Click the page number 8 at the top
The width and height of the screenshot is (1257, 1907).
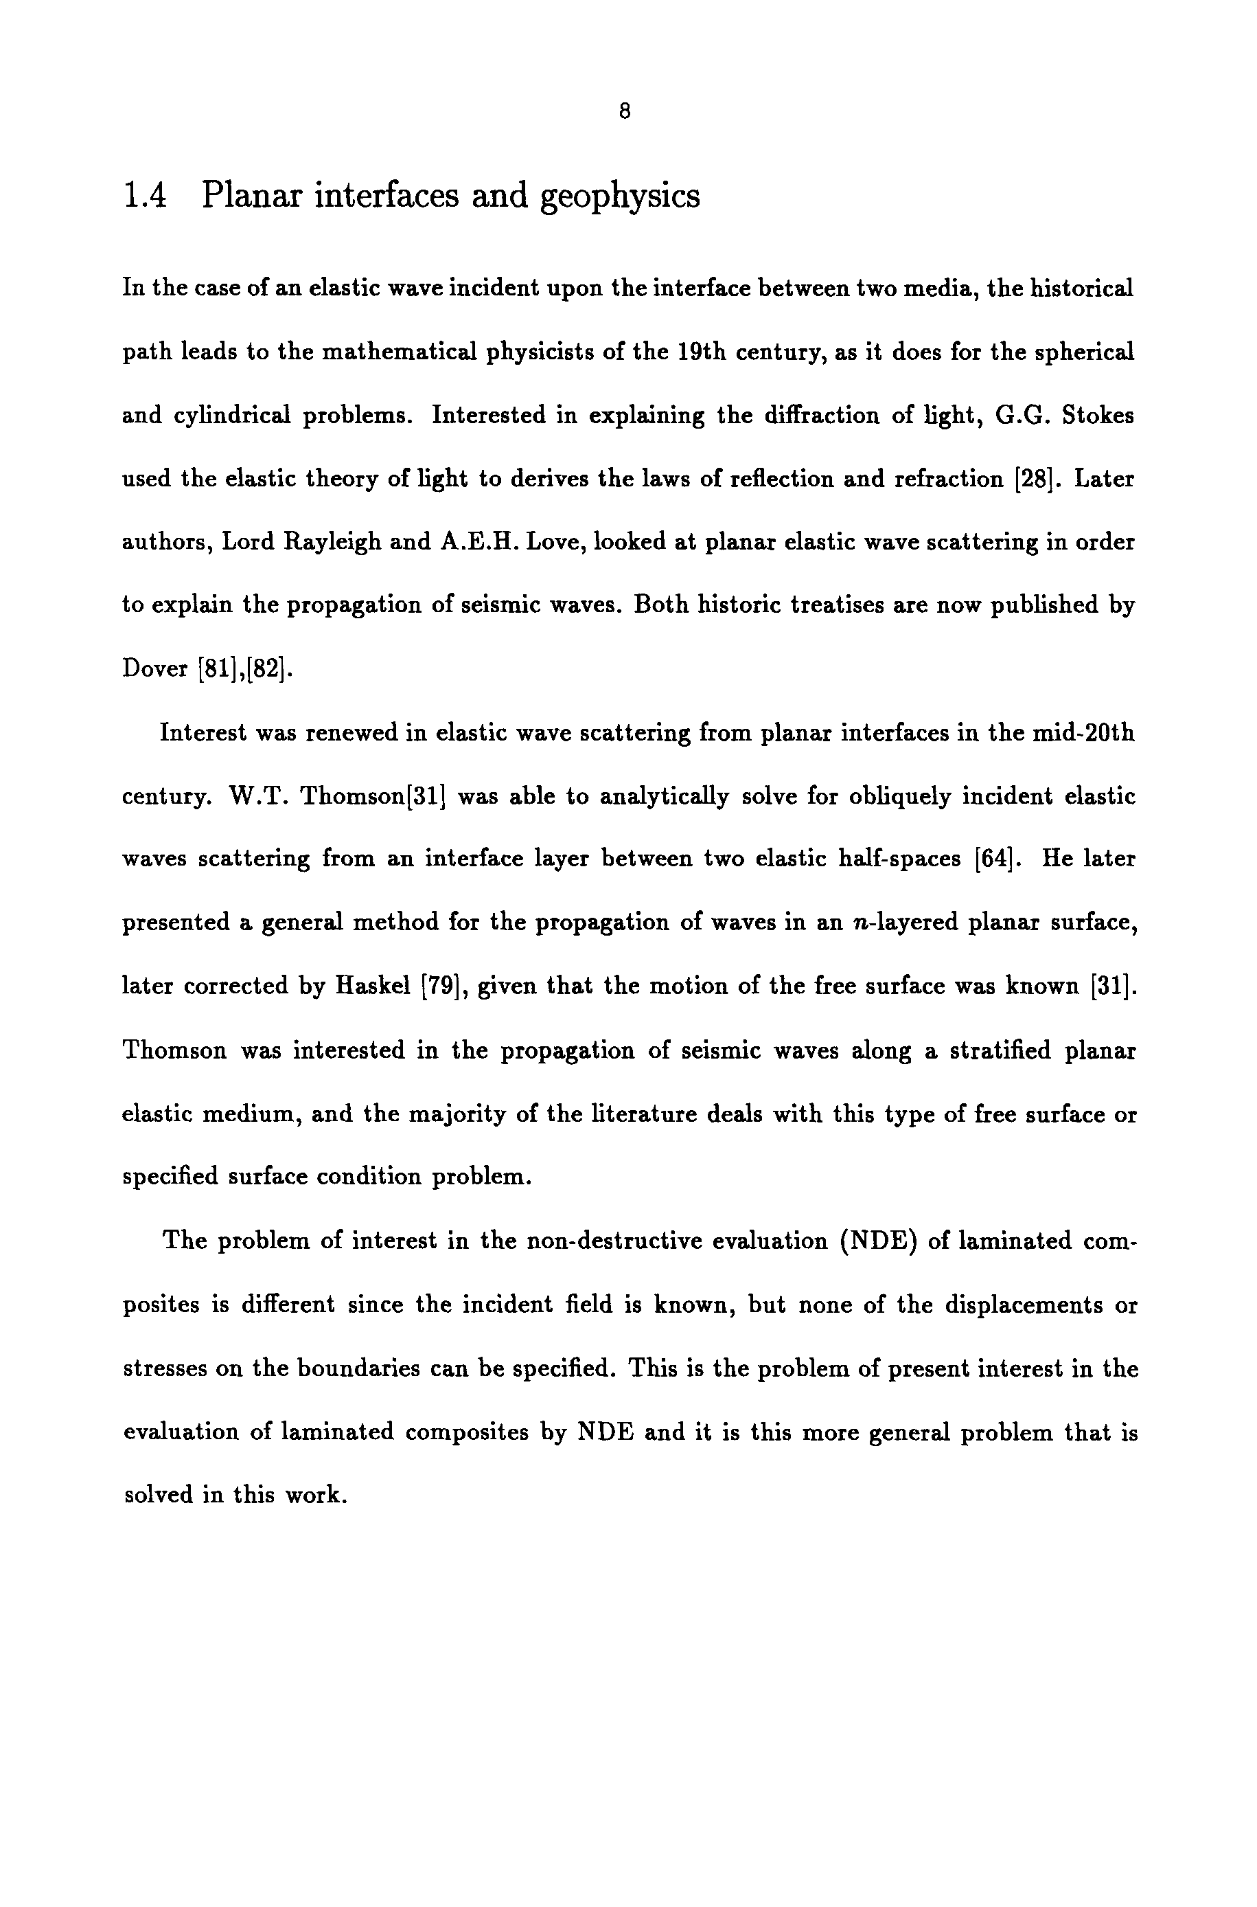(x=625, y=111)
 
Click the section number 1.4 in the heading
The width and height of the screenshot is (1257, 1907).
(x=145, y=196)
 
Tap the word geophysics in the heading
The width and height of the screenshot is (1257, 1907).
(x=620, y=197)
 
